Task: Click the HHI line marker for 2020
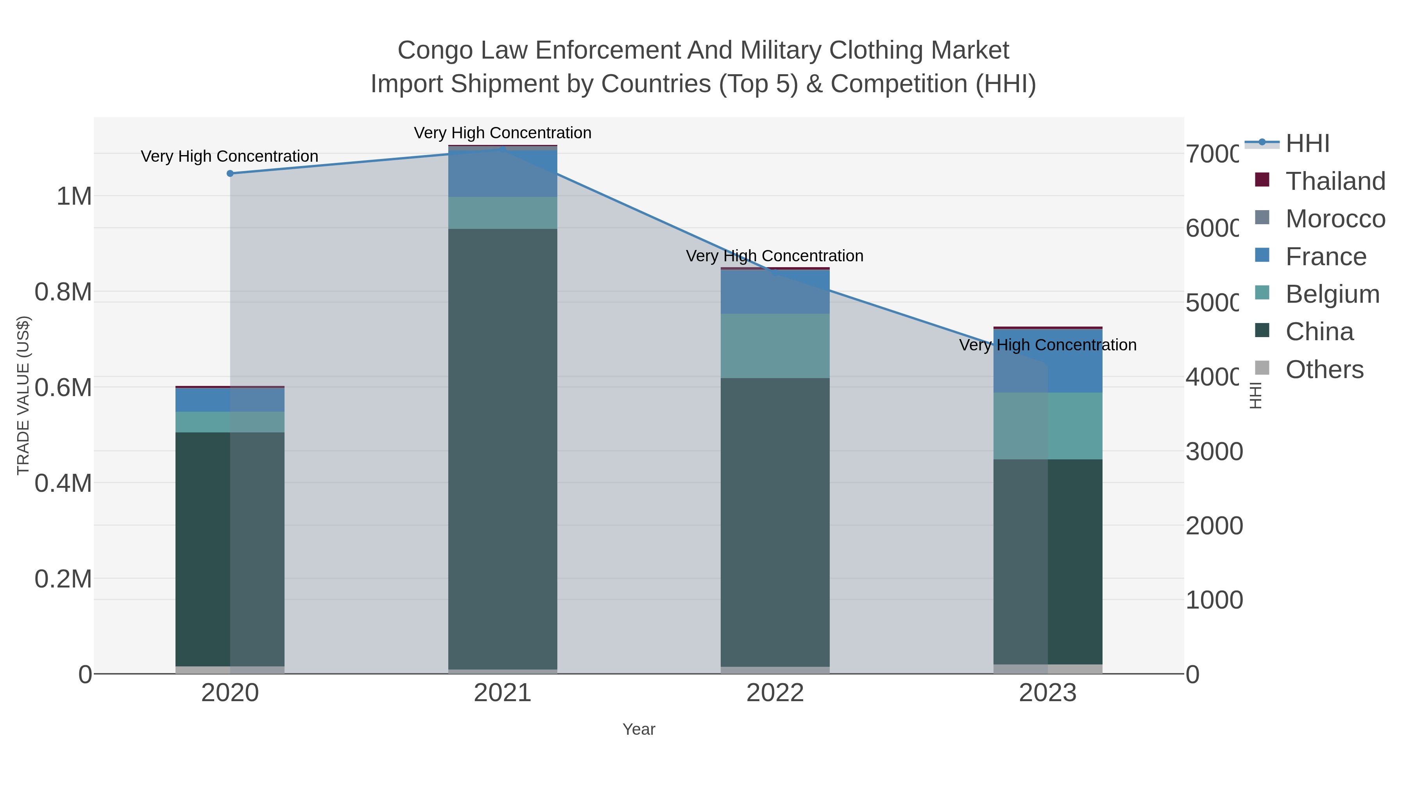(230, 173)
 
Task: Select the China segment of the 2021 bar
(503, 448)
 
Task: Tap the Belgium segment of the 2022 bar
(775, 346)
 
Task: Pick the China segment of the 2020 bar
(230, 549)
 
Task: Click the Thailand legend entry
(1335, 181)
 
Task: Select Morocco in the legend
(1335, 219)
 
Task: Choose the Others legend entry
(1324, 370)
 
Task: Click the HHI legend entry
(1307, 144)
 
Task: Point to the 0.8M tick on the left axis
(63, 292)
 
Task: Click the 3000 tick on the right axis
(1214, 452)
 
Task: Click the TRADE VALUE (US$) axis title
(23, 395)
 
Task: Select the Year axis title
(639, 729)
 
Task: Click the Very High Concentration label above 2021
(503, 133)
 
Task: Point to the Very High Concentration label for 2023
(1047, 345)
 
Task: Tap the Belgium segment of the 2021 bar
(503, 213)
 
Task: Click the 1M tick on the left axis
(74, 196)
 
